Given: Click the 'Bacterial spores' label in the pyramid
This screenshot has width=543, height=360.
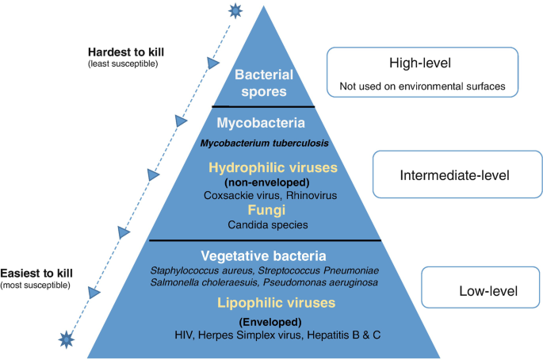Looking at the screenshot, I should pos(263,83).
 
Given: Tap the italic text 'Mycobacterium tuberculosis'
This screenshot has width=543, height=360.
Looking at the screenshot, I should pos(264,144).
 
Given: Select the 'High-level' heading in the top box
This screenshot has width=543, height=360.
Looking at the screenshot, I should pos(421,63).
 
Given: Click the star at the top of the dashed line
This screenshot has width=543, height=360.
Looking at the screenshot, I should pos(234,10).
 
